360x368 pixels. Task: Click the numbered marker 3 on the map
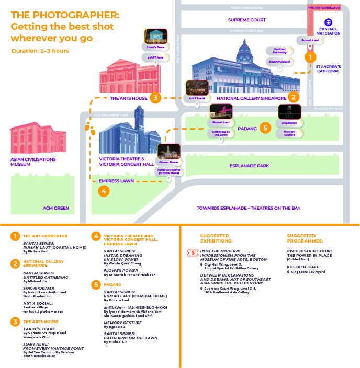pyautogui.click(x=155, y=97)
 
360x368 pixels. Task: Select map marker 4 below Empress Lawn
pyautogui.click(x=104, y=191)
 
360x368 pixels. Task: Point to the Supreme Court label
pyautogui.click(x=247, y=20)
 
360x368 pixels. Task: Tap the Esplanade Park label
pyautogui.click(x=250, y=166)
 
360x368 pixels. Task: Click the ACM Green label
pyautogui.click(x=55, y=208)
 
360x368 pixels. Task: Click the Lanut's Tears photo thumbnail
pyautogui.click(x=154, y=36)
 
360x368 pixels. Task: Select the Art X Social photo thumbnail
pyautogui.click(x=196, y=87)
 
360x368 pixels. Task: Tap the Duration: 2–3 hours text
pyautogui.click(x=40, y=51)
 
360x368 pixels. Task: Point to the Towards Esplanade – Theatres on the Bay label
pyautogui.click(x=249, y=208)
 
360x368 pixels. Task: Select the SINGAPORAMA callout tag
pyautogui.click(x=279, y=61)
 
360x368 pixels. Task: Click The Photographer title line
pyautogui.click(x=65, y=15)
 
